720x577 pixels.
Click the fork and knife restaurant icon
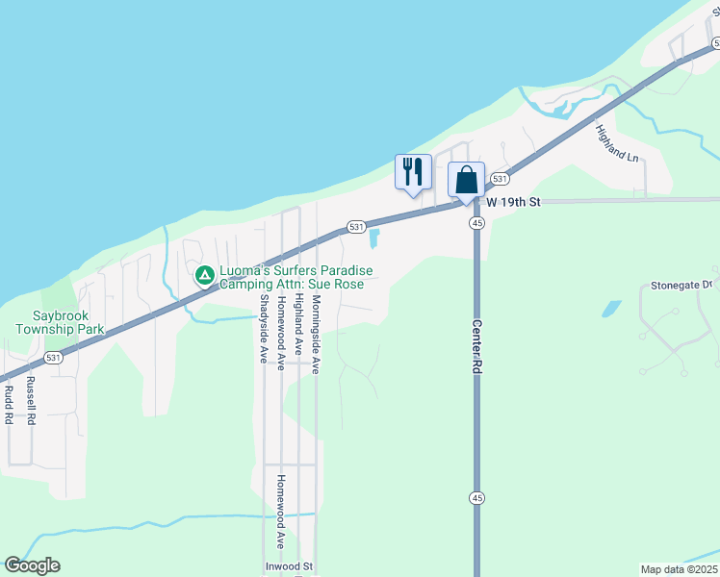(x=413, y=172)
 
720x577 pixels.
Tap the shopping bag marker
(x=466, y=180)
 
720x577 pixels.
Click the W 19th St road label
(x=514, y=203)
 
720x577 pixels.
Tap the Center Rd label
(x=476, y=345)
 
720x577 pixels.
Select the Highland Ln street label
(x=616, y=143)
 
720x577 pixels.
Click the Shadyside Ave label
(x=262, y=328)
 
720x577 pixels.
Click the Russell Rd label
(x=31, y=400)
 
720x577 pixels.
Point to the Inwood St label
(x=290, y=567)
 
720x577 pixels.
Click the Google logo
(x=32, y=565)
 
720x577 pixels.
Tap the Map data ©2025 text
(x=679, y=568)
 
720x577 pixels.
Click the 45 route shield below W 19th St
(x=476, y=223)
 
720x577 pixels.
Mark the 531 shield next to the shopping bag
(x=499, y=180)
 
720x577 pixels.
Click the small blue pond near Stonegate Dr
(x=610, y=309)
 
